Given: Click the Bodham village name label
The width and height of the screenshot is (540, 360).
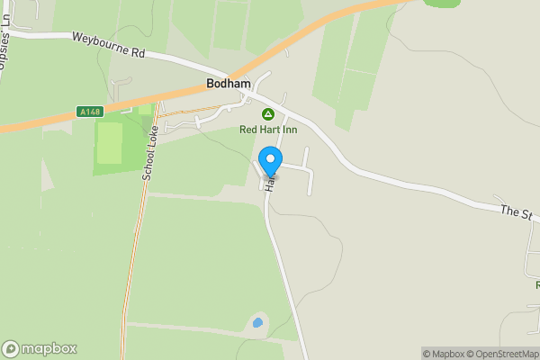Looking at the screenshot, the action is point(229,83).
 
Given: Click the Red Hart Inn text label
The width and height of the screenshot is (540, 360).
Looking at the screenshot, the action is point(268,130).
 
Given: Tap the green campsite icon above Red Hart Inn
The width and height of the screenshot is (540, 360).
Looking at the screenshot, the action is point(268,114).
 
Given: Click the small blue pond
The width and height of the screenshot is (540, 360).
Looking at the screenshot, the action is point(258,321).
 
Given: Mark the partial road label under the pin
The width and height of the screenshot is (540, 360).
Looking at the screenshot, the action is point(268,184).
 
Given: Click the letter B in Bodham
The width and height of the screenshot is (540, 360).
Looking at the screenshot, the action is point(211,83).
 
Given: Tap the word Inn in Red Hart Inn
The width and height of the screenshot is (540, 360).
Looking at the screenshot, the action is point(288,130).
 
